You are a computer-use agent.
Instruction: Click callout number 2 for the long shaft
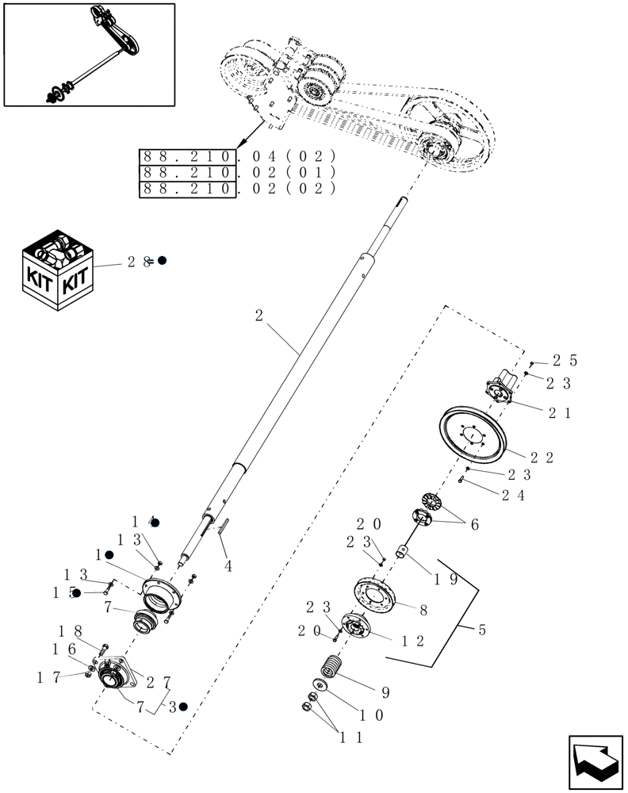point(259,316)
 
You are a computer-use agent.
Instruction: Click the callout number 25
point(565,361)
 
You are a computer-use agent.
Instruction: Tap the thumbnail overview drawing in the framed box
point(89,54)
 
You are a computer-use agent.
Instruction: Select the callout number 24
point(511,494)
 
